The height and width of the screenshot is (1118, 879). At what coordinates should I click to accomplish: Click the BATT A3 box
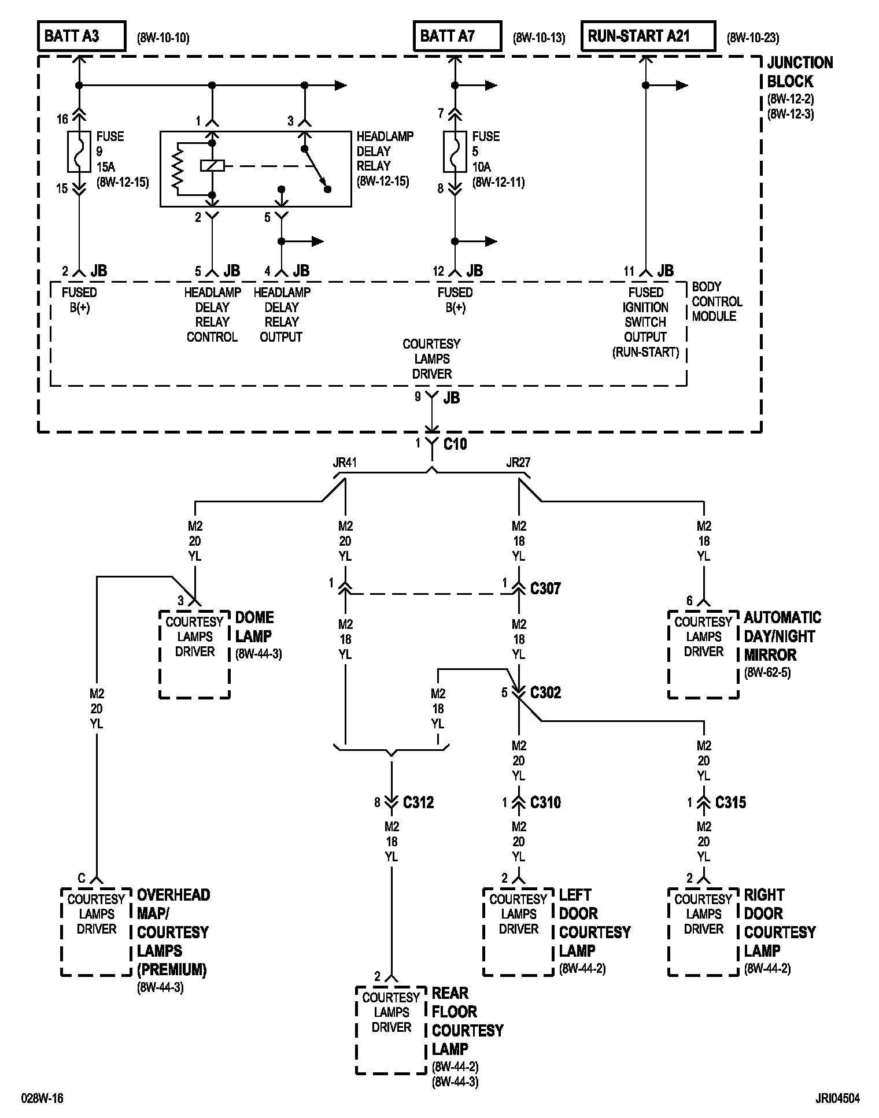click(x=82, y=36)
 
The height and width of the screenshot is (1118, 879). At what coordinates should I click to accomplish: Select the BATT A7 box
click(x=457, y=36)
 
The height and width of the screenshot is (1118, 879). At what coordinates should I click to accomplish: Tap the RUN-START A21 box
click(x=648, y=36)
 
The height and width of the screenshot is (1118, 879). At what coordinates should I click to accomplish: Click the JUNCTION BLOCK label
click(x=799, y=72)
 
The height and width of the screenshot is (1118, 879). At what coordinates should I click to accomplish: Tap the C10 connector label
click(x=455, y=444)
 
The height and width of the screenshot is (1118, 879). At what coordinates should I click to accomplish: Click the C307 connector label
click(x=545, y=588)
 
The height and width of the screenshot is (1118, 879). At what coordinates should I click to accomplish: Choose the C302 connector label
click(x=545, y=693)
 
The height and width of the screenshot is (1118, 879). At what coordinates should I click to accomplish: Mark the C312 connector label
click(x=418, y=802)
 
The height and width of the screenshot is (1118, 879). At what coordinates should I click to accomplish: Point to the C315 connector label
click(x=730, y=802)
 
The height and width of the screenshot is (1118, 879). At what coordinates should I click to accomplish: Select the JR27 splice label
click(x=518, y=462)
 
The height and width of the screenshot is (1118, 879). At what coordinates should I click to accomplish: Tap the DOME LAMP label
click(x=254, y=627)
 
